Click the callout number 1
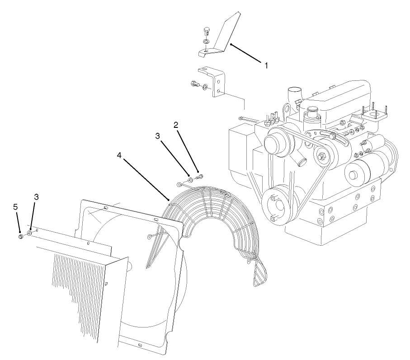266,65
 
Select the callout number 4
119,155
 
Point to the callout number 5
15,206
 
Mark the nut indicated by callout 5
21,236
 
